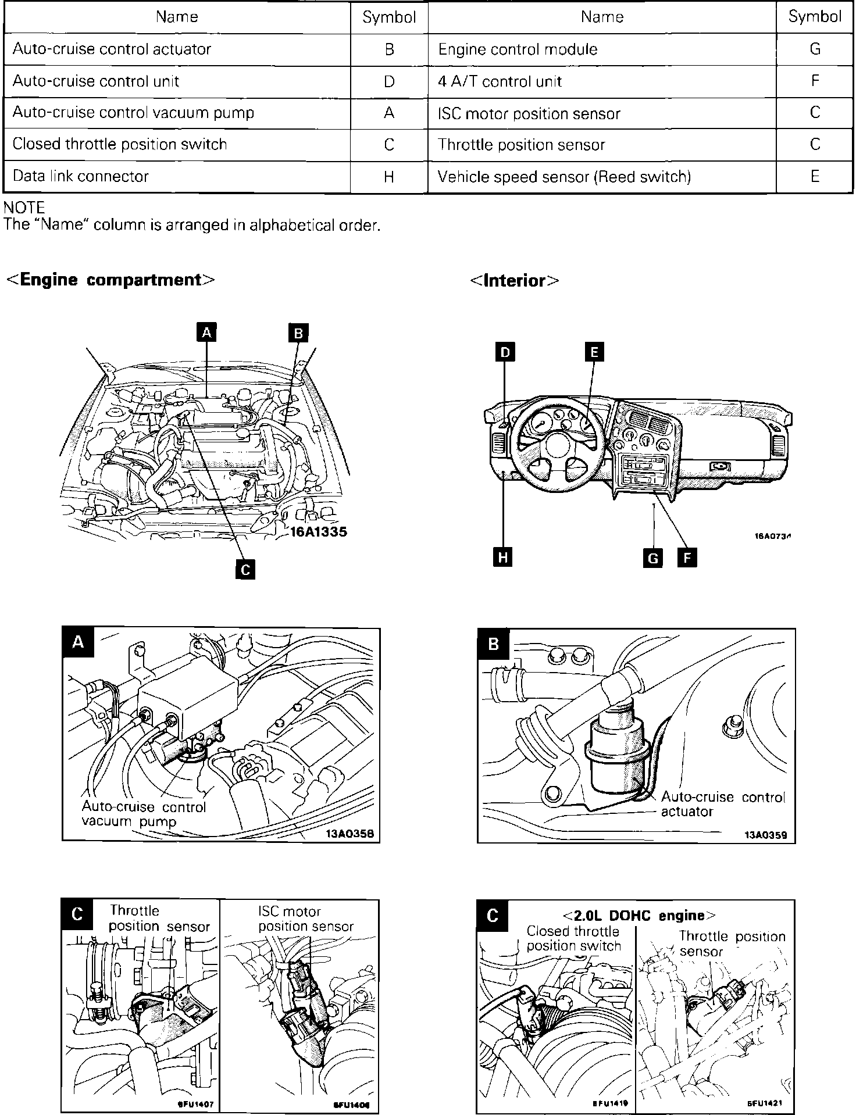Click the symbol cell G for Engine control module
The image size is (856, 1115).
pyautogui.click(x=815, y=49)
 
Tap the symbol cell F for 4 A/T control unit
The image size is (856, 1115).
pyautogui.click(x=815, y=81)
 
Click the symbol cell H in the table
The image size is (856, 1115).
pyautogui.click(x=389, y=177)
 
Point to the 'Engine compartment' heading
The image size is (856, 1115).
pyautogui.click(x=110, y=280)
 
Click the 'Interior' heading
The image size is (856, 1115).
pyautogui.click(x=515, y=281)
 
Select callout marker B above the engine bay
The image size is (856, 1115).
pyautogui.click(x=298, y=333)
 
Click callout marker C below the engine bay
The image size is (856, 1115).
pyautogui.click(x=245, y=569)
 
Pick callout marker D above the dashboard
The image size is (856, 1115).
pyautogui.click(x=505, y=352)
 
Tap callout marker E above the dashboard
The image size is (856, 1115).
pyautogui.click(x=594, y=352)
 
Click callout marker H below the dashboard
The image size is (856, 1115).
pyautogui.click(x=503, y=557)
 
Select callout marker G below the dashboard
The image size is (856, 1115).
pyautogui.click(x=653, y=558)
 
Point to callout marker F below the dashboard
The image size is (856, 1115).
pyautogui.click(x=687, y=558)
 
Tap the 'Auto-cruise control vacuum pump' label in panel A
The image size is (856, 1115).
pyautogui.click(x=144, y=814)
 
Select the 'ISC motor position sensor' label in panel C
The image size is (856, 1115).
pyautogui.click(x=306, y=919)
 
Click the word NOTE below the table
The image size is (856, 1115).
pyautogui.click(x=24, y=208)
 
